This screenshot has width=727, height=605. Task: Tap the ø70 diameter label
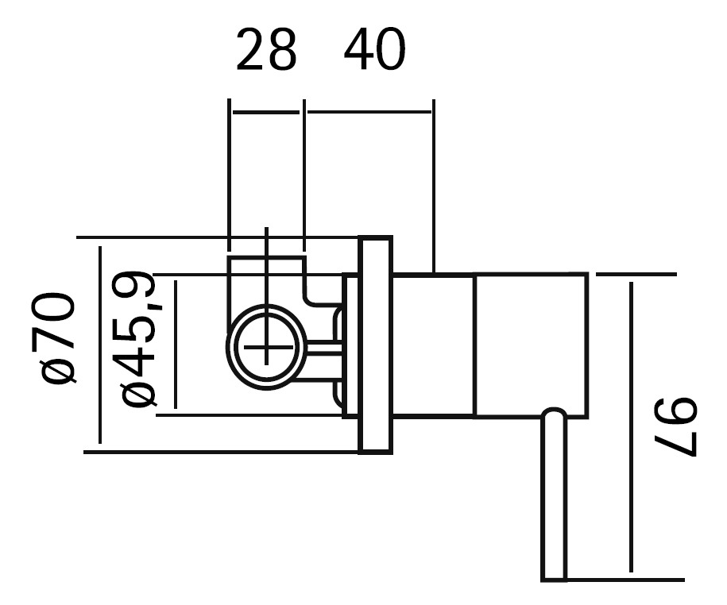[x=58, y=337]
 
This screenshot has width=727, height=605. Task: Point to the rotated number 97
[x=677, y=429]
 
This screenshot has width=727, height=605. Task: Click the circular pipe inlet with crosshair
[x=266, y=347]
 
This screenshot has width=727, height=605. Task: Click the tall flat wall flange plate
[x=375, y=345]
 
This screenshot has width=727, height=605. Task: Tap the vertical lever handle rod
[x=555, y=500]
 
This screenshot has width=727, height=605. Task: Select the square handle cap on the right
[x=531, y=345]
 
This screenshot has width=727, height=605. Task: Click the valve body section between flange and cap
[x=434, y=345]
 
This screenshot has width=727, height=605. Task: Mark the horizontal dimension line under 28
[x=266, y=112]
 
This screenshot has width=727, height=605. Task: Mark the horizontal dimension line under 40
[x=369, y=112]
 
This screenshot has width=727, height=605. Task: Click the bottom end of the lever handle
[x=555, y=576]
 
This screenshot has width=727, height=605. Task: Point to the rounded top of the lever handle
[x=555, y=412]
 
